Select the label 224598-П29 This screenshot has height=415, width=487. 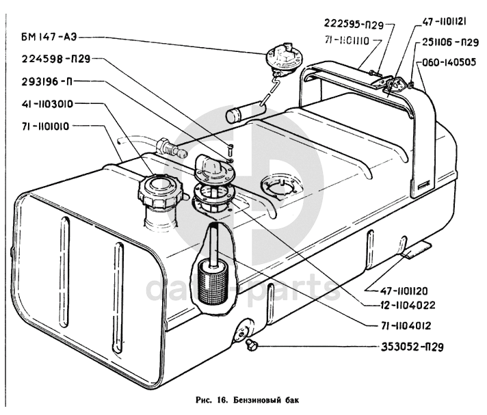pos(55,59)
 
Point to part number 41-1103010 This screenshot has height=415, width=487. pos(53,105)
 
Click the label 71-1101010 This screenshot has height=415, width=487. pos(53,126)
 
